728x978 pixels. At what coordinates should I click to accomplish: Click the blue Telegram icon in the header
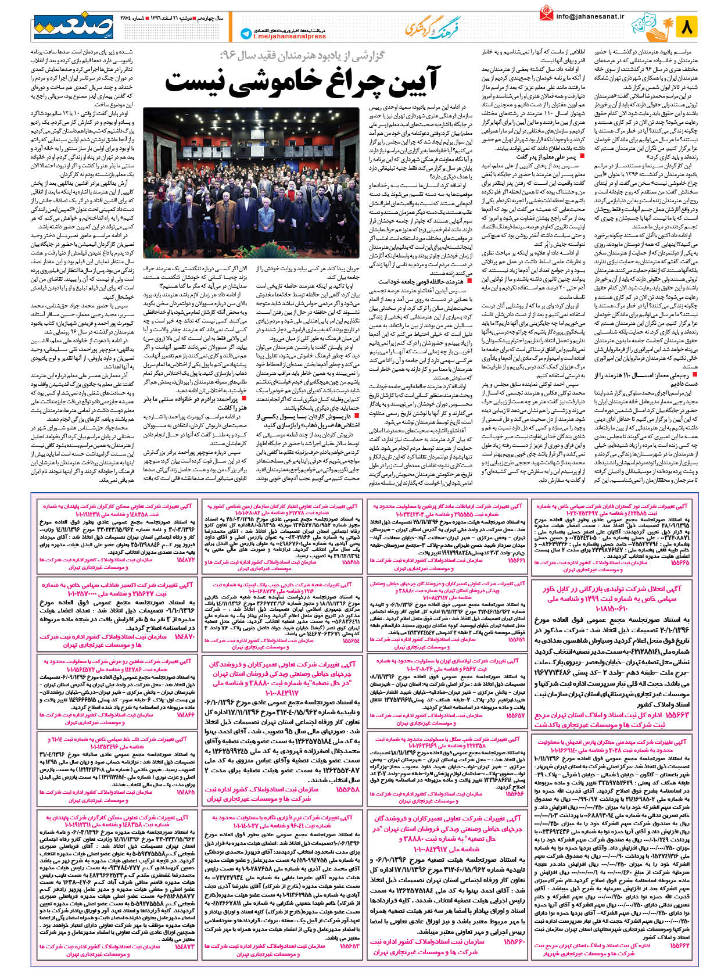point(246,34)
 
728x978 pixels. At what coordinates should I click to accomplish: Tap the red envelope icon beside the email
point(546,13)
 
